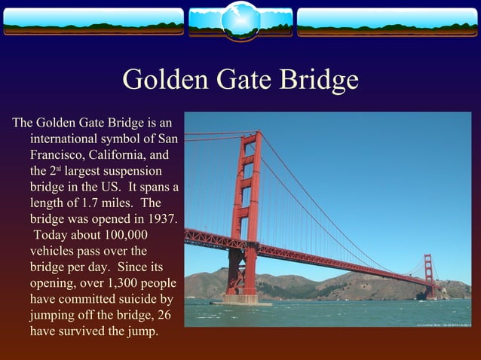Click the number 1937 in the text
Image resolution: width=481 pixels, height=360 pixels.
click(x=162, y=219)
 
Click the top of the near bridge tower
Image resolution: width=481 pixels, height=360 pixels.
click(x=249, y=136)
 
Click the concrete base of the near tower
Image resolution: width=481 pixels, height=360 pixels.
click(x=240, y=299)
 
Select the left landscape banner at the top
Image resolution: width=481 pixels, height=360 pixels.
click(x=93, y=22)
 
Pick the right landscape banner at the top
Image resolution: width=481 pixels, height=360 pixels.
click(x=387, y=22)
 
